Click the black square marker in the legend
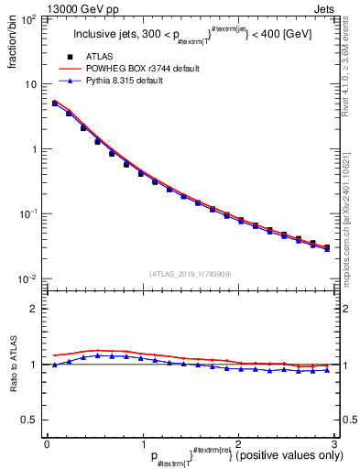(x=70, y=56)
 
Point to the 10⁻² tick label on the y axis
(x=29, y=278)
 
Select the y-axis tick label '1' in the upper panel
(x=37, y=149)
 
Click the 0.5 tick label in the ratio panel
(x=33, y=420)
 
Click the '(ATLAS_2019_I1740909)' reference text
(x=190, y=274)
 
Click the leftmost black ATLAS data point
(x=55, y=104)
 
